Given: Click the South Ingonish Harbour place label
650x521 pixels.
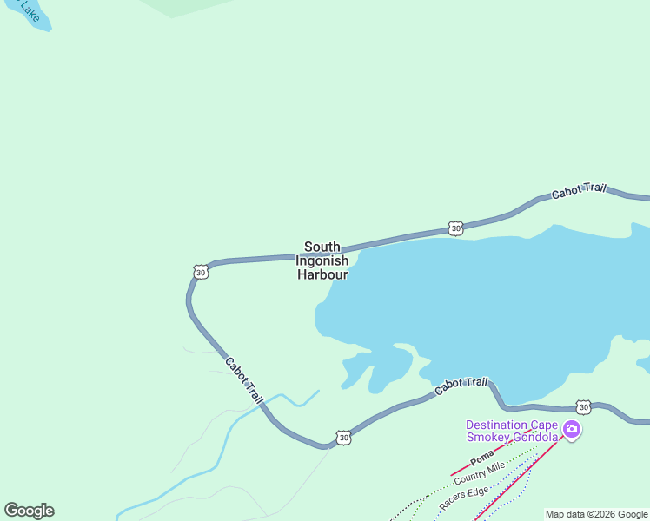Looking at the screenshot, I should click(x=322, y=260).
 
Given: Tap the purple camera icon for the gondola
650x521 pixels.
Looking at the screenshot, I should click(x=571, y=429).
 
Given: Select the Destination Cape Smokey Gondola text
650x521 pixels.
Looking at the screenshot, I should click(x=512, y=431).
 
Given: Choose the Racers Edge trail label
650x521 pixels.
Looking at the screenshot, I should click(x=463, y=498).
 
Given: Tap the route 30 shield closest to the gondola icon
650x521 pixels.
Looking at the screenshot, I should click(x=583, y=406).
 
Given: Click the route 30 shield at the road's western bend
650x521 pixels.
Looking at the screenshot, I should click(x=201, y=272).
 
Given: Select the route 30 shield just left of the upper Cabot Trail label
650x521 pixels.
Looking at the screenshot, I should click(x=455, y=228).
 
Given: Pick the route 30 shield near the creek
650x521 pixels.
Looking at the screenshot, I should click(x=344, y=438).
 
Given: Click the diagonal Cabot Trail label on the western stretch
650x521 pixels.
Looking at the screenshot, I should click(x=243, y=379).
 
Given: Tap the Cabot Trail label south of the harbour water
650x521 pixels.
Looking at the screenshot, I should click(x=461, y=386).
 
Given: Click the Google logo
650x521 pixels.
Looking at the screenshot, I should click(x=29, y=511).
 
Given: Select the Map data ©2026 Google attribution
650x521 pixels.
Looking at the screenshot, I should click(x=596, y=514).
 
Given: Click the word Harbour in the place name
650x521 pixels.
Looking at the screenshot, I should click(x=322, y=274).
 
